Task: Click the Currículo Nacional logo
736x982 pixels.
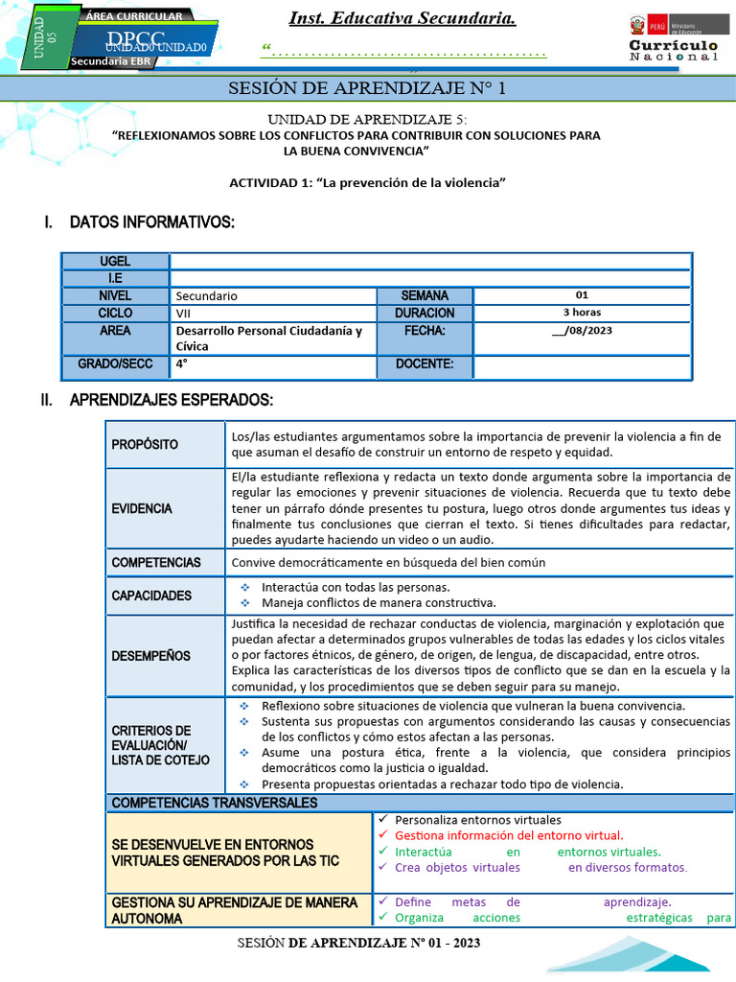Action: point(673,39)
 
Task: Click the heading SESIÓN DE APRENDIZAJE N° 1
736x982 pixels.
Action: point(367,89)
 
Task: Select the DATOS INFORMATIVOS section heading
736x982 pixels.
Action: point(151,222)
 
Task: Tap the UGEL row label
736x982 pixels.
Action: point(115,262)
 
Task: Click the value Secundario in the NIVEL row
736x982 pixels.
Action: point(207,296)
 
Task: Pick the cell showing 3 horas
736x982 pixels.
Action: point(582,313)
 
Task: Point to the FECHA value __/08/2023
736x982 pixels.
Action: point(582,331)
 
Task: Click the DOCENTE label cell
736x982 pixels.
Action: point(424,364)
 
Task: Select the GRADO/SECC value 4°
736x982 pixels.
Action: point(182,364)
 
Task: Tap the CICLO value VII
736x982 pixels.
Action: point(183,314)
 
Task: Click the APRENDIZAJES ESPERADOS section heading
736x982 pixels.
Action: point(172,400)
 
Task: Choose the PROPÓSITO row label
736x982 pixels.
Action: point(145,444)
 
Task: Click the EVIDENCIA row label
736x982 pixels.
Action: point(142,508)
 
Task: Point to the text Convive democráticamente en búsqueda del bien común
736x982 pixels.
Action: point(388,563)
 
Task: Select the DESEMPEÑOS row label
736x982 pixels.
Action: point(150,656)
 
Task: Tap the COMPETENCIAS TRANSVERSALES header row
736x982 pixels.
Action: point(215,803)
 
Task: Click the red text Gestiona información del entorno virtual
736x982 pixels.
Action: point(509,835)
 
